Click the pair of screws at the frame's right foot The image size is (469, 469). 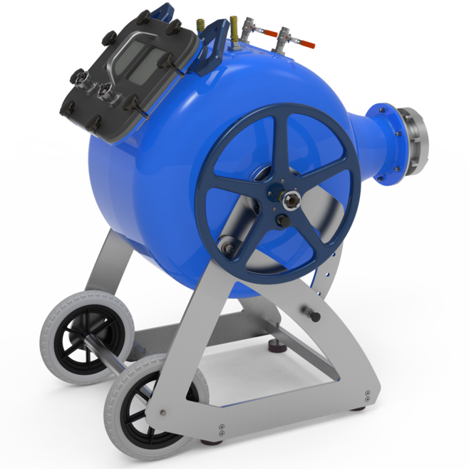pyautogui.click(x=366, y=396)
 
